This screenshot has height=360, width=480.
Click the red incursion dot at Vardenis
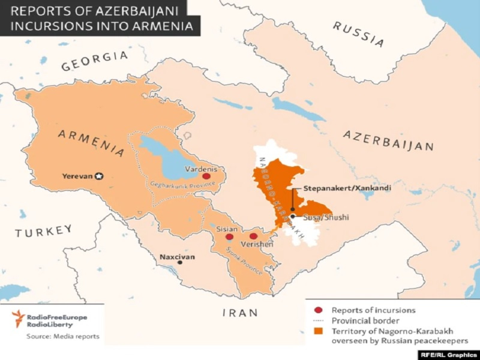pyautogui.click(x=206, y=177)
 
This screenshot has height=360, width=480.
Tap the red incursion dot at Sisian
pyautogui.click(x=229, y=237)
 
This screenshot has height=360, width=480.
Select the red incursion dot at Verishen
pyautogui.click(x=253, y=237)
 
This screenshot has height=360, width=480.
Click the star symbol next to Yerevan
pyautogui.click(x=100, y=176)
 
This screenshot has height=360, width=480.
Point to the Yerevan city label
pyautogui.click(x=78, y=176)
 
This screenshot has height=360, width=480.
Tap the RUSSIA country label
pyautogui.click(x=358, y=34)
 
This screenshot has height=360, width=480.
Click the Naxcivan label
pyautogui.click(x=178, y=257)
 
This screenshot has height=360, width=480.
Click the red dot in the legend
pyautogui.click(x=318, y=310)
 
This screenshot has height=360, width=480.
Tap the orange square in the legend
pyautogui.click(x=318, y=330)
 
